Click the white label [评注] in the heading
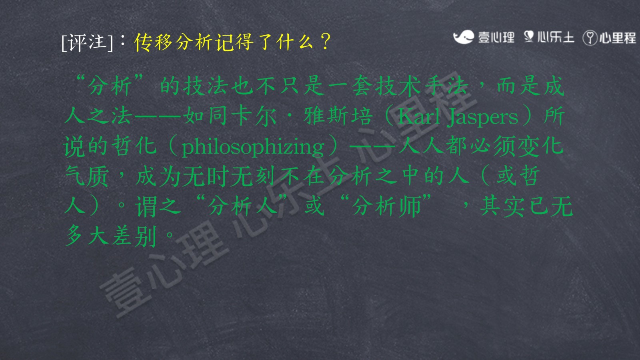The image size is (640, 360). pos(87,42)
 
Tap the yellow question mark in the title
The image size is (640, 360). pos(326,42)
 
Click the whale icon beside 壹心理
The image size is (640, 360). pos(464,37)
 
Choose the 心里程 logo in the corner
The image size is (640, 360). pos(610,38)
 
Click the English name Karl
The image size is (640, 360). pos(418,117)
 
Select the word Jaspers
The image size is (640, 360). pos(483,118)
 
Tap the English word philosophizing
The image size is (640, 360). pos(253,147)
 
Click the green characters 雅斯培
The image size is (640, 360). pos(338,116)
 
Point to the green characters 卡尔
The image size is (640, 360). pos(254,116)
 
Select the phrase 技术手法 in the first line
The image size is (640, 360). pos(422,86)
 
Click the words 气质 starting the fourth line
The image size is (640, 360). pos(86,176)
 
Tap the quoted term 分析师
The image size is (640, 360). pos(387,206)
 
